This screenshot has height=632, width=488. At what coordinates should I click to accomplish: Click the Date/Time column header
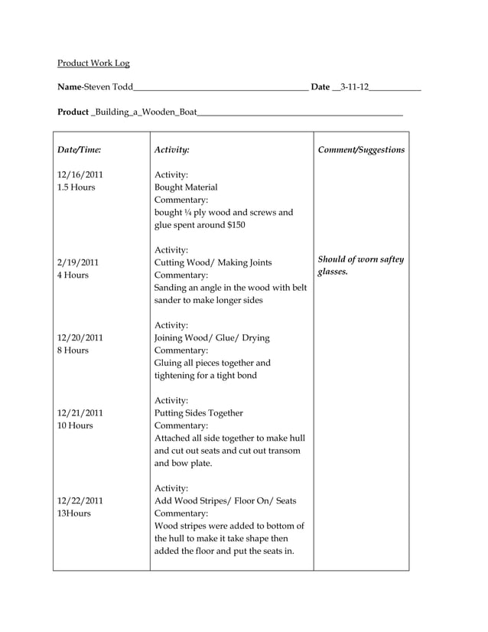click(79, 150)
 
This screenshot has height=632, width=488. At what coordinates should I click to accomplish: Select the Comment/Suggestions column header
click(361, 150)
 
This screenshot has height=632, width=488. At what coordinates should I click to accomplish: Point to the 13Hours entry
click(74, 513)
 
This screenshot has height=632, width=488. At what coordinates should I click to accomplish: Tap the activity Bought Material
click(186, 187)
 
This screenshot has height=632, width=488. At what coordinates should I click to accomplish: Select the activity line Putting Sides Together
click(199, 413)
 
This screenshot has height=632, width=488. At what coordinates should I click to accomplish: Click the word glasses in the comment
click(333, 272)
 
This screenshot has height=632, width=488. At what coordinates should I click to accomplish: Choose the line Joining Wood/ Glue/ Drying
click(212, 337)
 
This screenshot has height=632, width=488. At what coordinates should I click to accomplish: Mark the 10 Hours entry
click(75, 425)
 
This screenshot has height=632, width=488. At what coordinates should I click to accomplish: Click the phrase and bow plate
click(184, 463)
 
